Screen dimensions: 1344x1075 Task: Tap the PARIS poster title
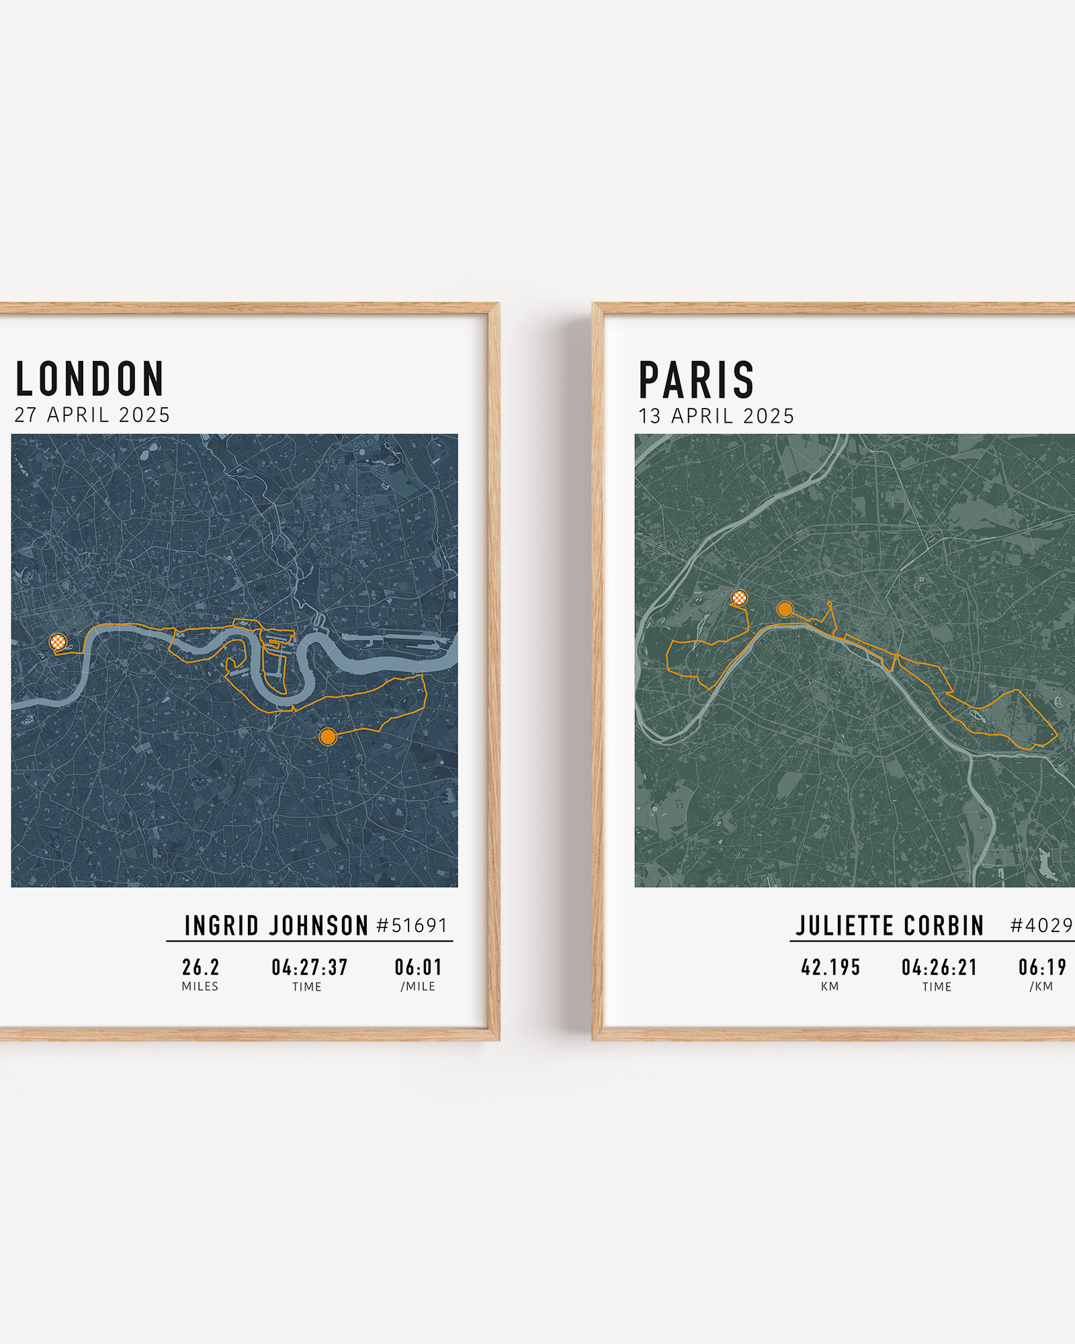(x=696, y=380)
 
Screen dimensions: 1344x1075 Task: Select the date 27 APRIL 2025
(x=92, y=415)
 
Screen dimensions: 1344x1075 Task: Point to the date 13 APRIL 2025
(x=716, y=417)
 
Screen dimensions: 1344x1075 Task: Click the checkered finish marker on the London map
(x=58, y=642)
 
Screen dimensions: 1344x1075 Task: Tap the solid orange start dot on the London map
(x=327, y=737)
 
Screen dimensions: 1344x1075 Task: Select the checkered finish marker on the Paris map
(x=739, y=597)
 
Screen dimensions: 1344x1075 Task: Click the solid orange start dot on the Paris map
(x=784, y=610)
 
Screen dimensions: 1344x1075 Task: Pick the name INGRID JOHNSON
(x=276, y=926)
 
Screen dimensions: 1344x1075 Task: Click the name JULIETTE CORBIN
(x=890, y=926)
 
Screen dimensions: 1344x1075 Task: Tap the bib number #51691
(x=412, y=926)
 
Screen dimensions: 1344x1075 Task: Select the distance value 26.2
(x=200, y=968)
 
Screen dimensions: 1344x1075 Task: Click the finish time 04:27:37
(x=309, y=968)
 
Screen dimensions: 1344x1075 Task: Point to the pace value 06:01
(x=418, y=968)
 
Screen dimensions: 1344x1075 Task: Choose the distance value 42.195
(x=830, y=968)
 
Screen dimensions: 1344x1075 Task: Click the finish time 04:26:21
(x=939, y=968)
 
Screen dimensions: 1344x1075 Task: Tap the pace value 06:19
(x=1042, y=968)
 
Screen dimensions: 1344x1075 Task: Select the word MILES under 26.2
(x=200, y=986)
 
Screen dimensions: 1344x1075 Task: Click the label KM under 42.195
(x=830, y=986)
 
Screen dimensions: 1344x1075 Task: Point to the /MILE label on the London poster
(x=418, y=986)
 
